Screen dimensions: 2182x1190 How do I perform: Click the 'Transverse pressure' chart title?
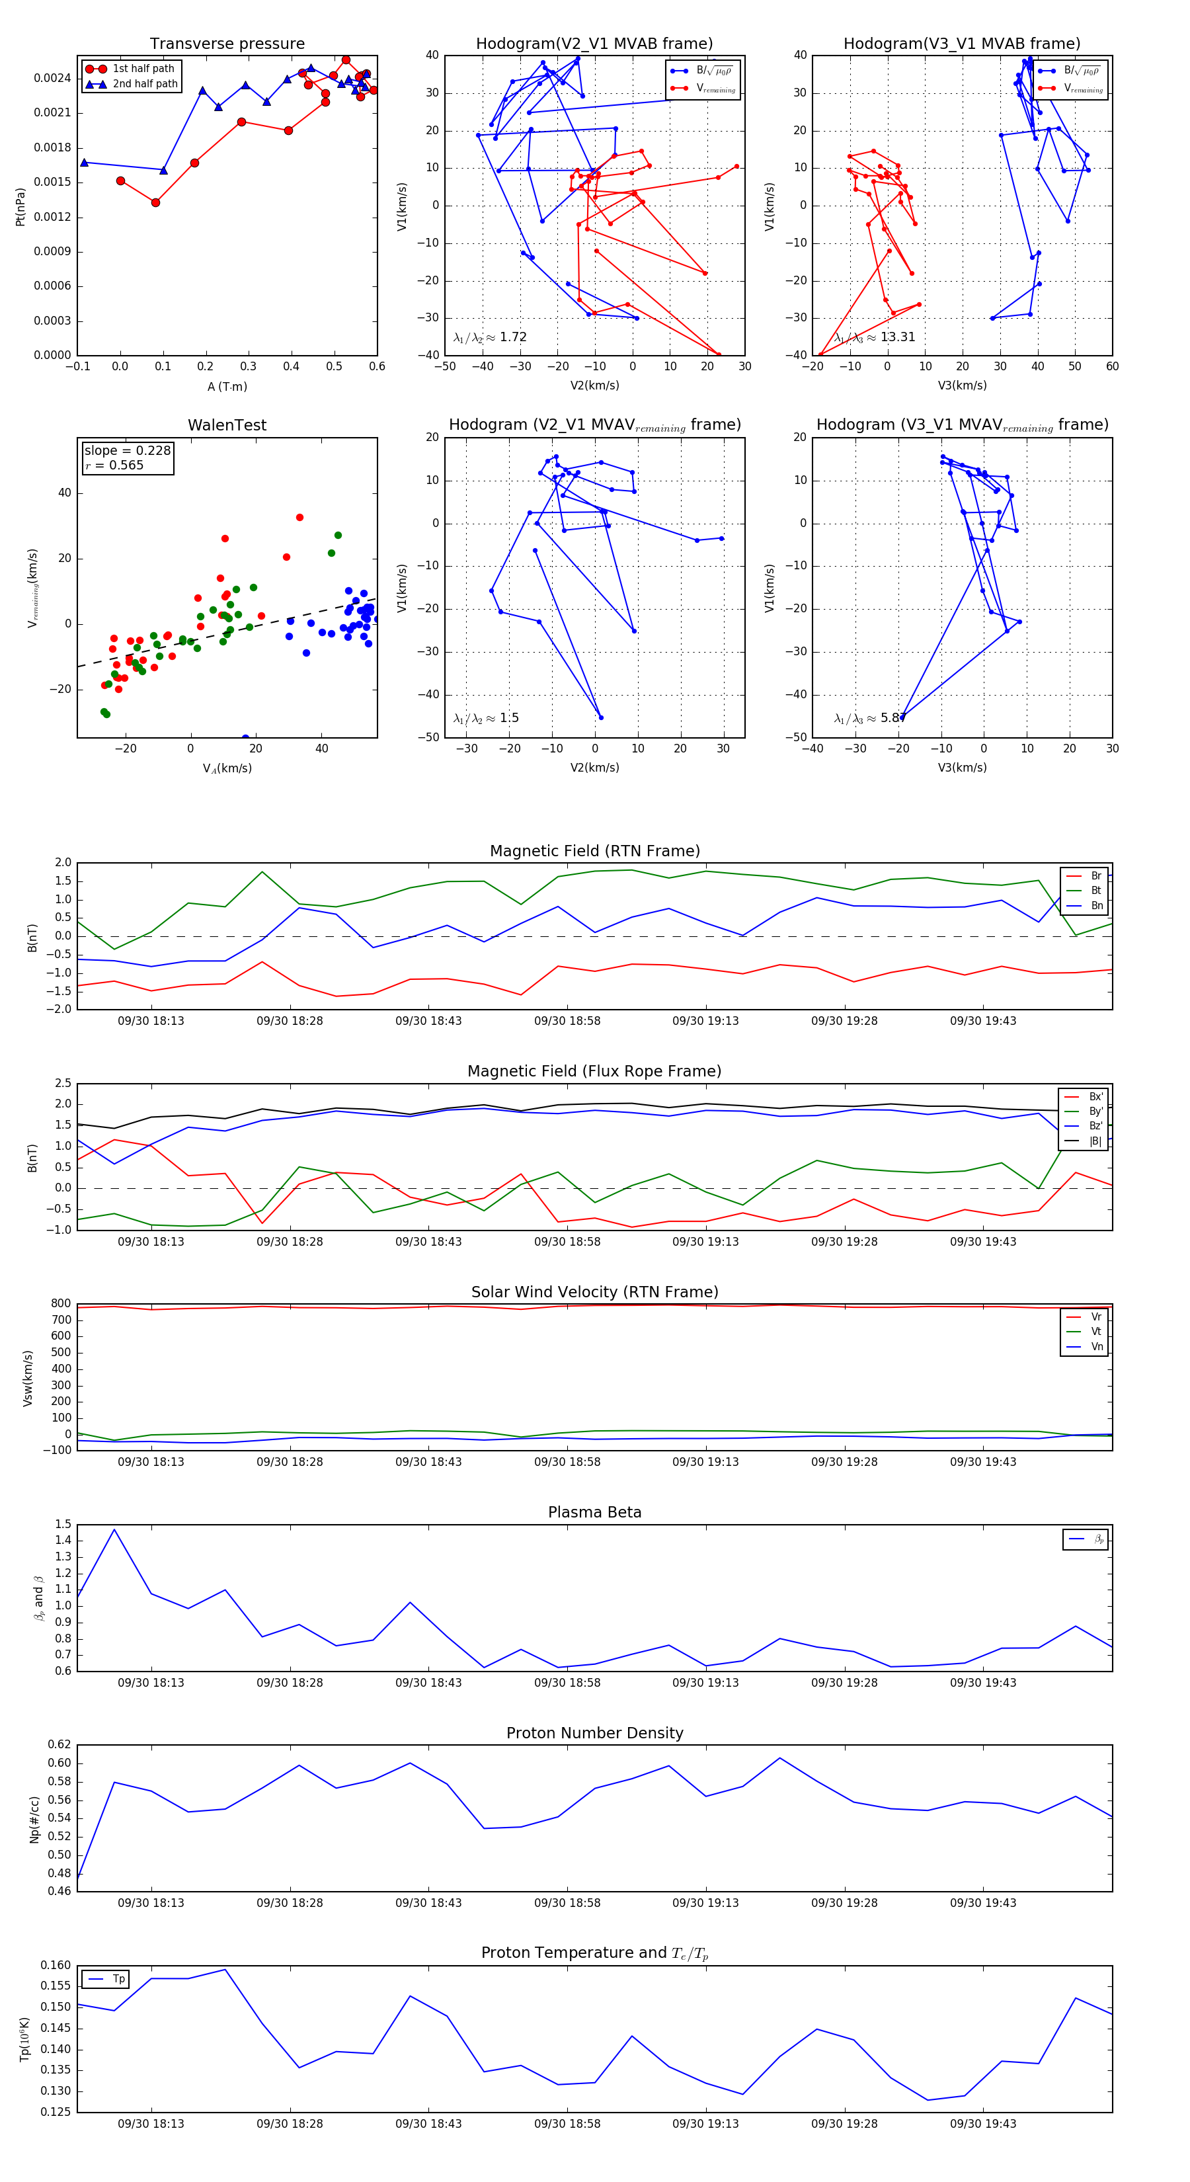click(227, 44)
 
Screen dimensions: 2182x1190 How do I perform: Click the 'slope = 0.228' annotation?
click(127, 451)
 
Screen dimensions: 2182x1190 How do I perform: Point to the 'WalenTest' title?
click(227, 425)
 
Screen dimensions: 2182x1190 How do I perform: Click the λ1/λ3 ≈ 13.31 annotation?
click(874, 337)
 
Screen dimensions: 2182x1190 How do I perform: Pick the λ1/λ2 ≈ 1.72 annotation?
click(489, 337)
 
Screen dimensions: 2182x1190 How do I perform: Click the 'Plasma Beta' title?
click(594, 1513)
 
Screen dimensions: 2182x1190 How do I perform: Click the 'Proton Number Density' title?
click(594, 1733)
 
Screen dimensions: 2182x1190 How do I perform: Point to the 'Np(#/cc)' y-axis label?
click(34, 1820)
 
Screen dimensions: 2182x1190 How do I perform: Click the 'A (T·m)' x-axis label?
click(227, 386)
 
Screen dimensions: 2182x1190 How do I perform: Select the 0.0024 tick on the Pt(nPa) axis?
click(52, 78)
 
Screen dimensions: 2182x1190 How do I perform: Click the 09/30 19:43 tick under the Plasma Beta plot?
click(982, 1682)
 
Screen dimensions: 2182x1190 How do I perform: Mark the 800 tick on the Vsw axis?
click(61, 1304)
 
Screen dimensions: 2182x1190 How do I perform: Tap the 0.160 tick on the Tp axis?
click(56, 1965)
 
